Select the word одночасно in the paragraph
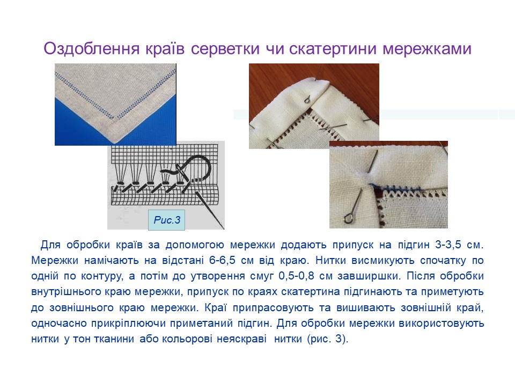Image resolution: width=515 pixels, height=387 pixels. pyautogui.click(x=57, y=324)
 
